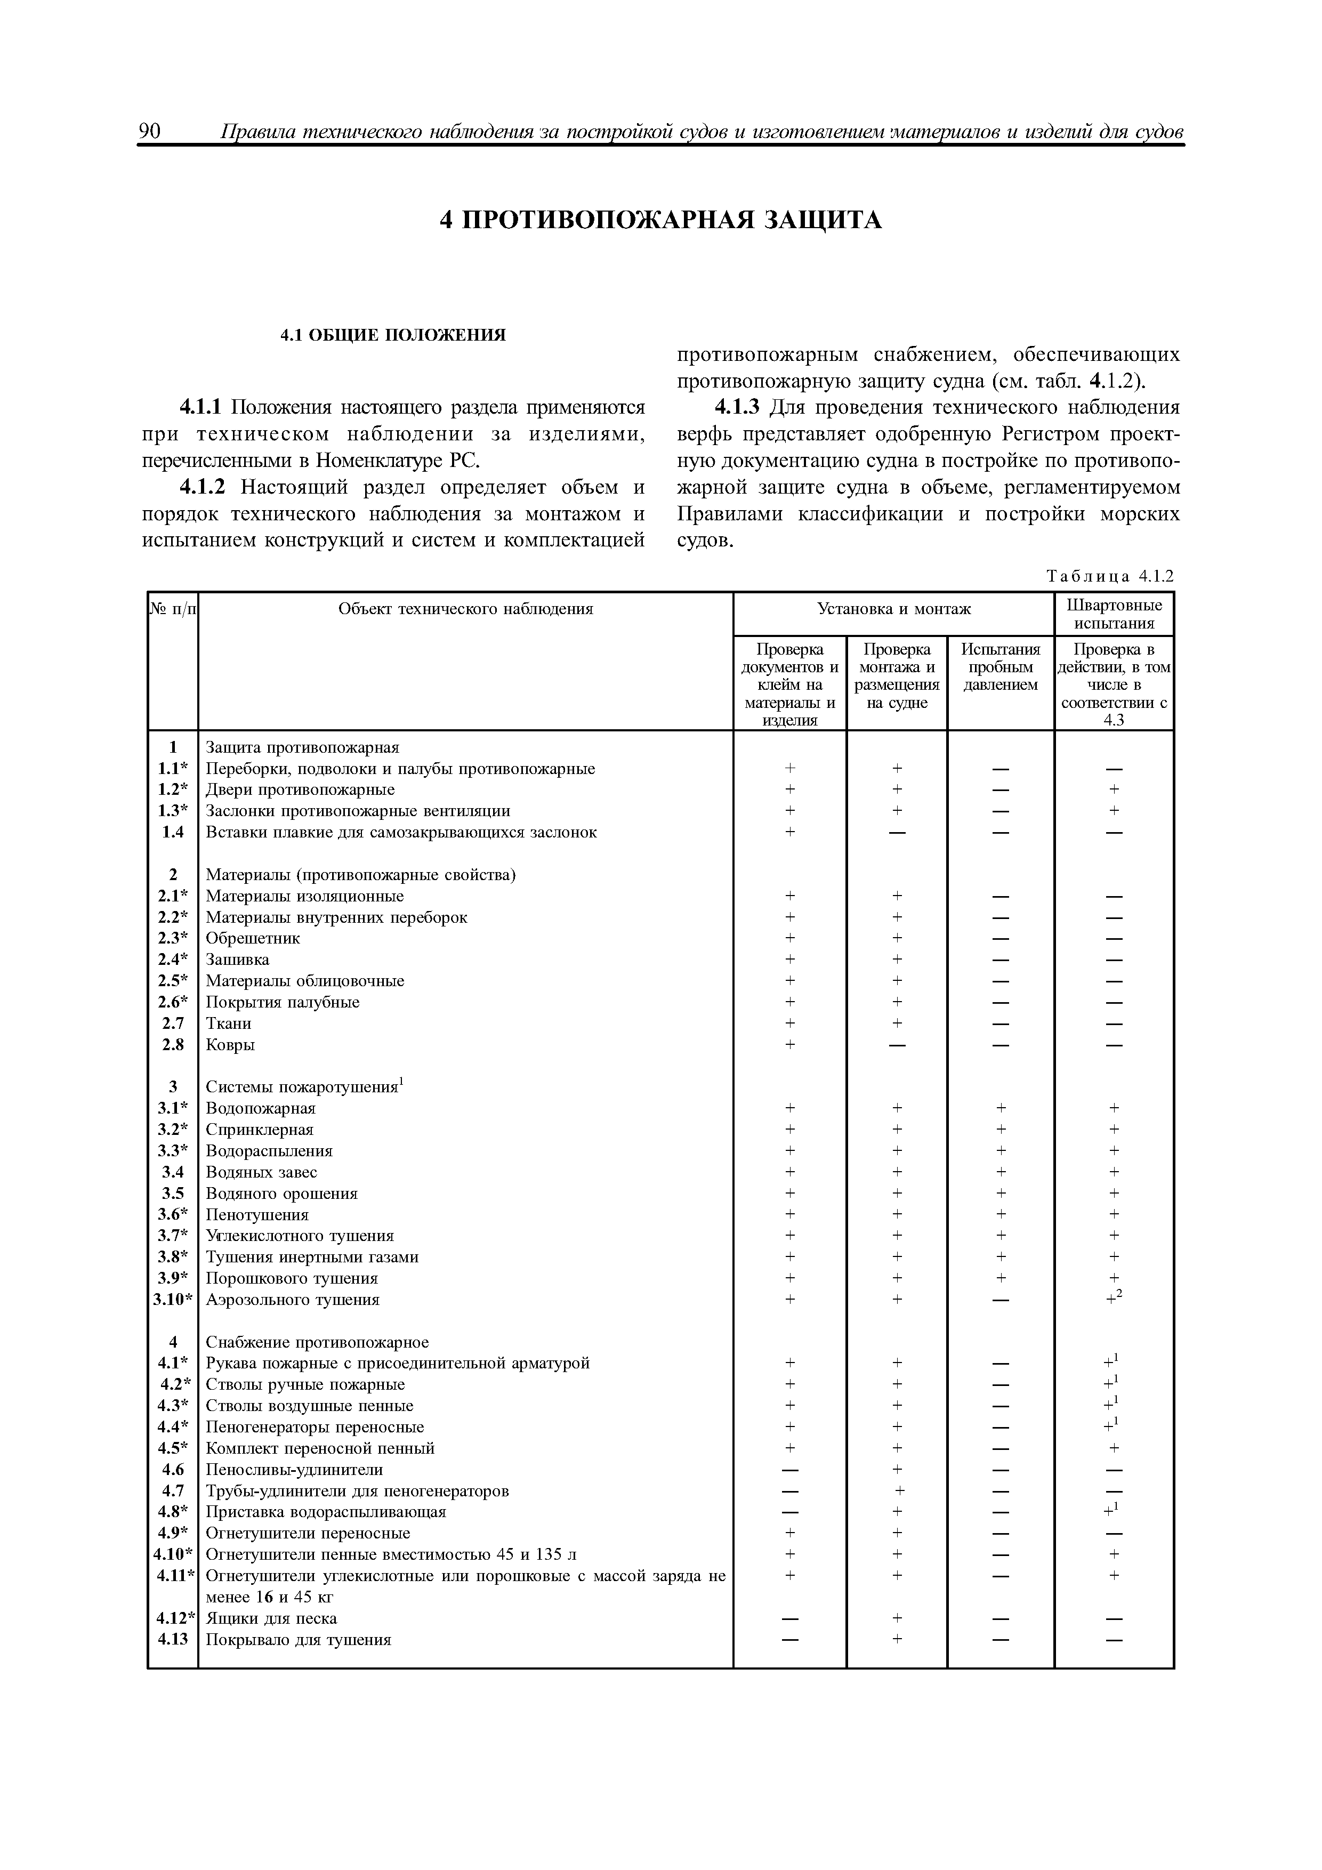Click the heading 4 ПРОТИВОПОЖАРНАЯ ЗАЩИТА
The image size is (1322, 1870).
tap(660, 221)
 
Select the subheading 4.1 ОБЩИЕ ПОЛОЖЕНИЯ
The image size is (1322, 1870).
tap(393, 335)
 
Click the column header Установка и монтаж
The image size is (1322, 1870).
tap(893, 608)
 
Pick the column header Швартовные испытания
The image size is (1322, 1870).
tap(1114, 614)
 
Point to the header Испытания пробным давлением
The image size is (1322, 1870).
tap(1000, 667)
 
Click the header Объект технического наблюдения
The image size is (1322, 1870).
tap(465, 608)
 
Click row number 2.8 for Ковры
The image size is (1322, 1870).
tap(173, 1044)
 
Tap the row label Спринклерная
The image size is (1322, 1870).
tap(259, 1130)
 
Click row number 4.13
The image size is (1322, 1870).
tap(173, 1640)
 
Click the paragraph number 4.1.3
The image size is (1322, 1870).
tap(736, 407)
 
